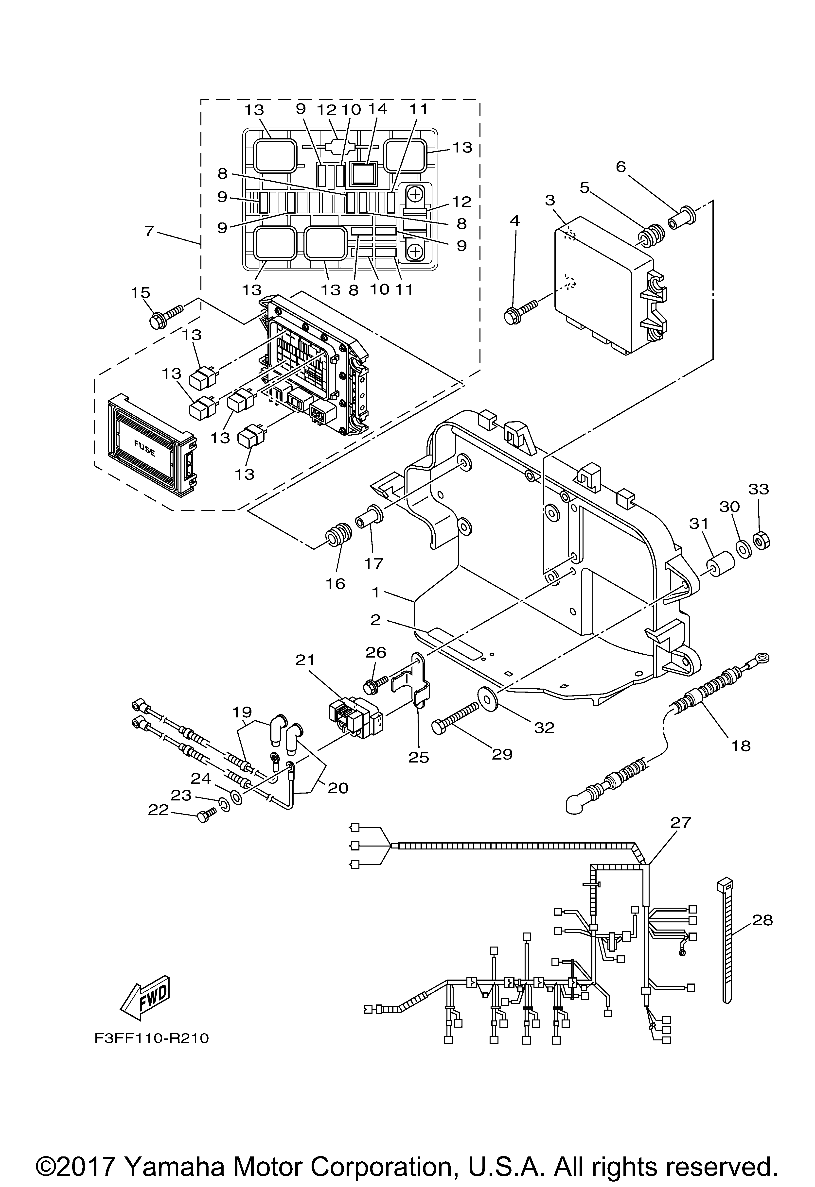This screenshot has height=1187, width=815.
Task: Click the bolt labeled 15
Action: (x=166, y=316)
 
